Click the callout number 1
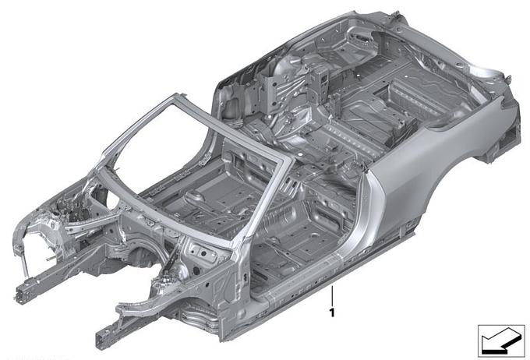pos(332,312)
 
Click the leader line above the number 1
pos(332,295)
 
